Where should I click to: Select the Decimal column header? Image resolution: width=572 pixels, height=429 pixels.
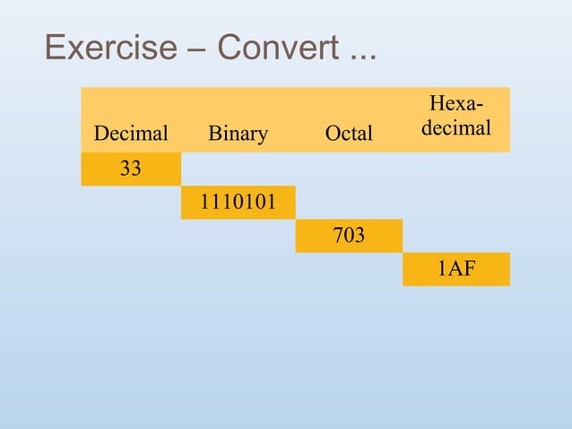[131, 134]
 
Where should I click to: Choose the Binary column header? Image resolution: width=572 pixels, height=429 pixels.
[238, 134]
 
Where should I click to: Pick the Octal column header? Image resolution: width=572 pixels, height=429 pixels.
[349, 134]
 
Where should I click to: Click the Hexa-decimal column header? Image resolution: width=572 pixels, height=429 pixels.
[456, 119]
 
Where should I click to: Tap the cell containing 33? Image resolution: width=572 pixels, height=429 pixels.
[131, 169]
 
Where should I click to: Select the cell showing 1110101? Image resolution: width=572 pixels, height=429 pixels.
[238, 203]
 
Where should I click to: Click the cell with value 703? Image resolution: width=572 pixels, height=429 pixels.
[349, 236]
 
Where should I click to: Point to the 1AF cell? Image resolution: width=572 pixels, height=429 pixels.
[456, 269]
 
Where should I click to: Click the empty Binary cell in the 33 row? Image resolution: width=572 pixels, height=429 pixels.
[238, 169]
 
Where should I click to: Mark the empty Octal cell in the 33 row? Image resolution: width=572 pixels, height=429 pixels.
[349, 169]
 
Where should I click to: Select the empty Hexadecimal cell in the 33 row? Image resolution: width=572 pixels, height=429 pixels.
[456, 169]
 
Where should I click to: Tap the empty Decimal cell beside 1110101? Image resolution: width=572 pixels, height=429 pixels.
[131, 203]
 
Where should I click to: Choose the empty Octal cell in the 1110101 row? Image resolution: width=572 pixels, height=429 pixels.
[349, 203]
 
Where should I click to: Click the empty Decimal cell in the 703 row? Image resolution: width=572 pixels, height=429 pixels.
[131, 236]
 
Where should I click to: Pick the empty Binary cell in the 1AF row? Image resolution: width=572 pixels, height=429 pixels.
[238, 269]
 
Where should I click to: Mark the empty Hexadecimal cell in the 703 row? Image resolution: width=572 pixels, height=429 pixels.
[456, 236]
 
